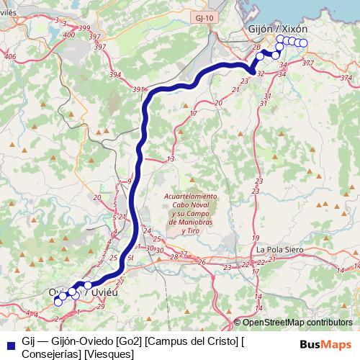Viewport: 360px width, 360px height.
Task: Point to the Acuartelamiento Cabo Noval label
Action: (189, 199)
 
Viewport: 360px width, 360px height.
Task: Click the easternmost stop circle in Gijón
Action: (303, 43)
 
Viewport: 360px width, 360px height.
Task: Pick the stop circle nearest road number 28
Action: (261, 55)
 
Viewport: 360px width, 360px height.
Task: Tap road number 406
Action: (9, 56)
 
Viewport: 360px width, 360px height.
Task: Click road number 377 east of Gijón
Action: (308, 64)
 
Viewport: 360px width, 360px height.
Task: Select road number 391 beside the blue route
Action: (138, 90)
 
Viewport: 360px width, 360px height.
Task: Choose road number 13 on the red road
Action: (171, 159)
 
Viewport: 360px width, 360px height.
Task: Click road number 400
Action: (68, 34)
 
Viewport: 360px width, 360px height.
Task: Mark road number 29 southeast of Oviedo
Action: (101, 307)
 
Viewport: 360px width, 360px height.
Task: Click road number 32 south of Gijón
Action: (261, 73)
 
